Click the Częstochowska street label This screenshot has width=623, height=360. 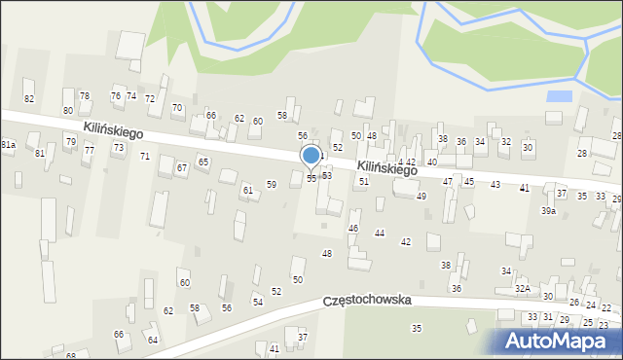point(368,302)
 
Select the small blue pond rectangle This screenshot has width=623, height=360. point(559,96)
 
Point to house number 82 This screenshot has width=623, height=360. point(29,99)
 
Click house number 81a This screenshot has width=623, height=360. point(9,145)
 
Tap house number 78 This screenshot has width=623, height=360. point(85,95)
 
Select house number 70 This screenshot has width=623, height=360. point(177,107)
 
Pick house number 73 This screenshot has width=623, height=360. point(119,147)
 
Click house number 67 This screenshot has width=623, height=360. point(182,168)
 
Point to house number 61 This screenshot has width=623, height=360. point(248,190)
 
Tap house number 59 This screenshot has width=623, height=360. point(272,184)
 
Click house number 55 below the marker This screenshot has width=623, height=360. point(311,179)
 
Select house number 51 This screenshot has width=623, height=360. point(364,181)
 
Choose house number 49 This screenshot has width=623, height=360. point(421,197)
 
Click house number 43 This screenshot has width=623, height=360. point(495,184)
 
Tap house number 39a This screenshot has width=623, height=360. point(549,211)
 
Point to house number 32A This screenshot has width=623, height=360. point(523,288)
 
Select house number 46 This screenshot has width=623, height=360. point(353,228)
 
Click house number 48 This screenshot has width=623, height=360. point(327,253)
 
